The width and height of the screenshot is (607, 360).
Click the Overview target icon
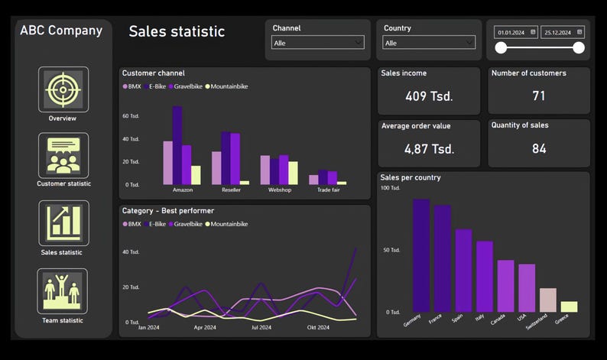(x=63, y=89)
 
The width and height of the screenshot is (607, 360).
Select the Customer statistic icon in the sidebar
(x=63, y=155)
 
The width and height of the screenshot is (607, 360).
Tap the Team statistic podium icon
(x=63, y=291)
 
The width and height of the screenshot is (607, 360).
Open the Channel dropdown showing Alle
(x=317, y=43)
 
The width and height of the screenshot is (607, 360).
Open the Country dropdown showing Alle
(x=429, y=43)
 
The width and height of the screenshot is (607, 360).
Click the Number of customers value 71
(x=539, y=96)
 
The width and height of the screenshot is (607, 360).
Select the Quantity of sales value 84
(x=539, y=148)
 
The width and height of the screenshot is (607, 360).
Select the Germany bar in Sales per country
(x=421, y=255)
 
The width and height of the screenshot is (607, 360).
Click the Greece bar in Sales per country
(x=569, y=306)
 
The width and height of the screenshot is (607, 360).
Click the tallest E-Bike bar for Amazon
(x=177, y=145)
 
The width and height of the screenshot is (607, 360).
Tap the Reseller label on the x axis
(x=231, y=190)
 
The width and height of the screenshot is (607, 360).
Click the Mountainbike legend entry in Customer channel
(x=227, y=86)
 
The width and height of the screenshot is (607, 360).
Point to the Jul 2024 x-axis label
(x=261, y=327)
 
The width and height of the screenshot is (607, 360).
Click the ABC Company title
(x=61, y=31)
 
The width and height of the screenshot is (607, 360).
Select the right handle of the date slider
(x=579, y=48)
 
